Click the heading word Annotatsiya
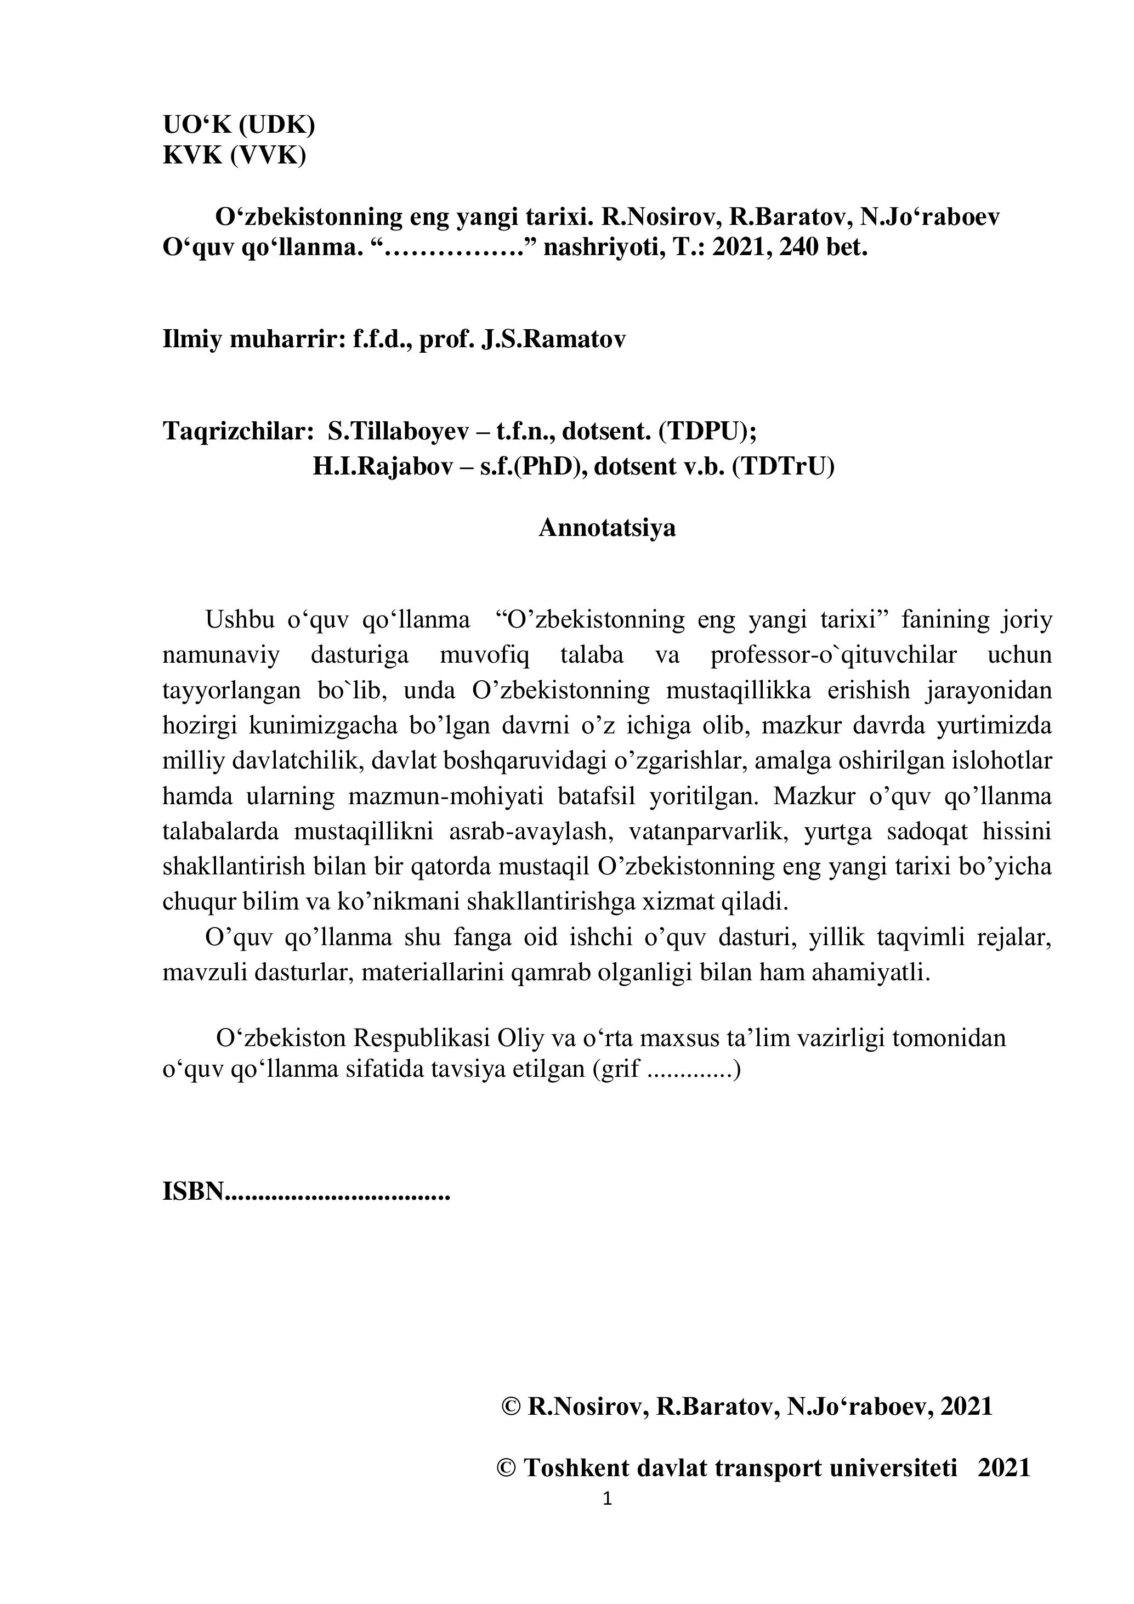click(x=607, y=528)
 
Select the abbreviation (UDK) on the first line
click(x=276, y=125)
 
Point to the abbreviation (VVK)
click(x=268, y=155)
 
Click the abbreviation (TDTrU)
click(x=784, y=466)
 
